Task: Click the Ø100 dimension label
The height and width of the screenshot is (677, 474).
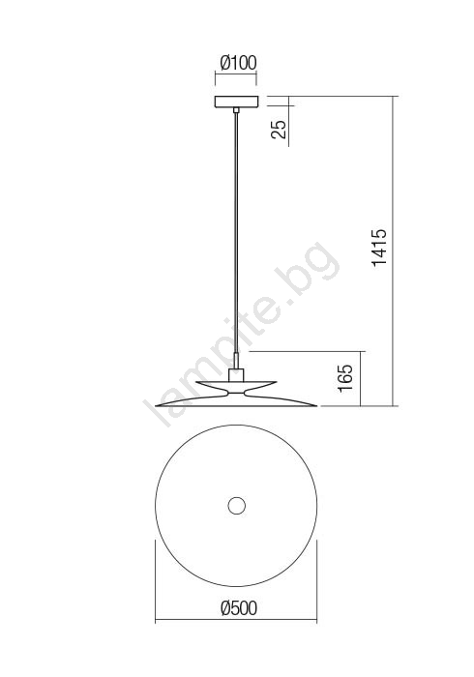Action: [x=238, y=63]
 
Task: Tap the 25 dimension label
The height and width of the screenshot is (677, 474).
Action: [x=279, y=129]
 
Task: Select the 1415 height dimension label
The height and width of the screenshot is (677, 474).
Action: [x=380, y=248]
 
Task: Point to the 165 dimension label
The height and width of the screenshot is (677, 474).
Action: [x=345, y=379]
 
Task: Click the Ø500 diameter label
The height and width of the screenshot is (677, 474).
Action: [x=238, y=608]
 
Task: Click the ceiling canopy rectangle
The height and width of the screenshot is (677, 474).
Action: [x=236, y=102]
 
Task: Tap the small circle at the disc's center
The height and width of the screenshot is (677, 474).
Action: [x=236, y=506]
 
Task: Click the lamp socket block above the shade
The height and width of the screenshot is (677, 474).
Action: [x=236, y=375]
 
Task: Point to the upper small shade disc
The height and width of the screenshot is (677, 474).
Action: [x=236, y=383]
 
